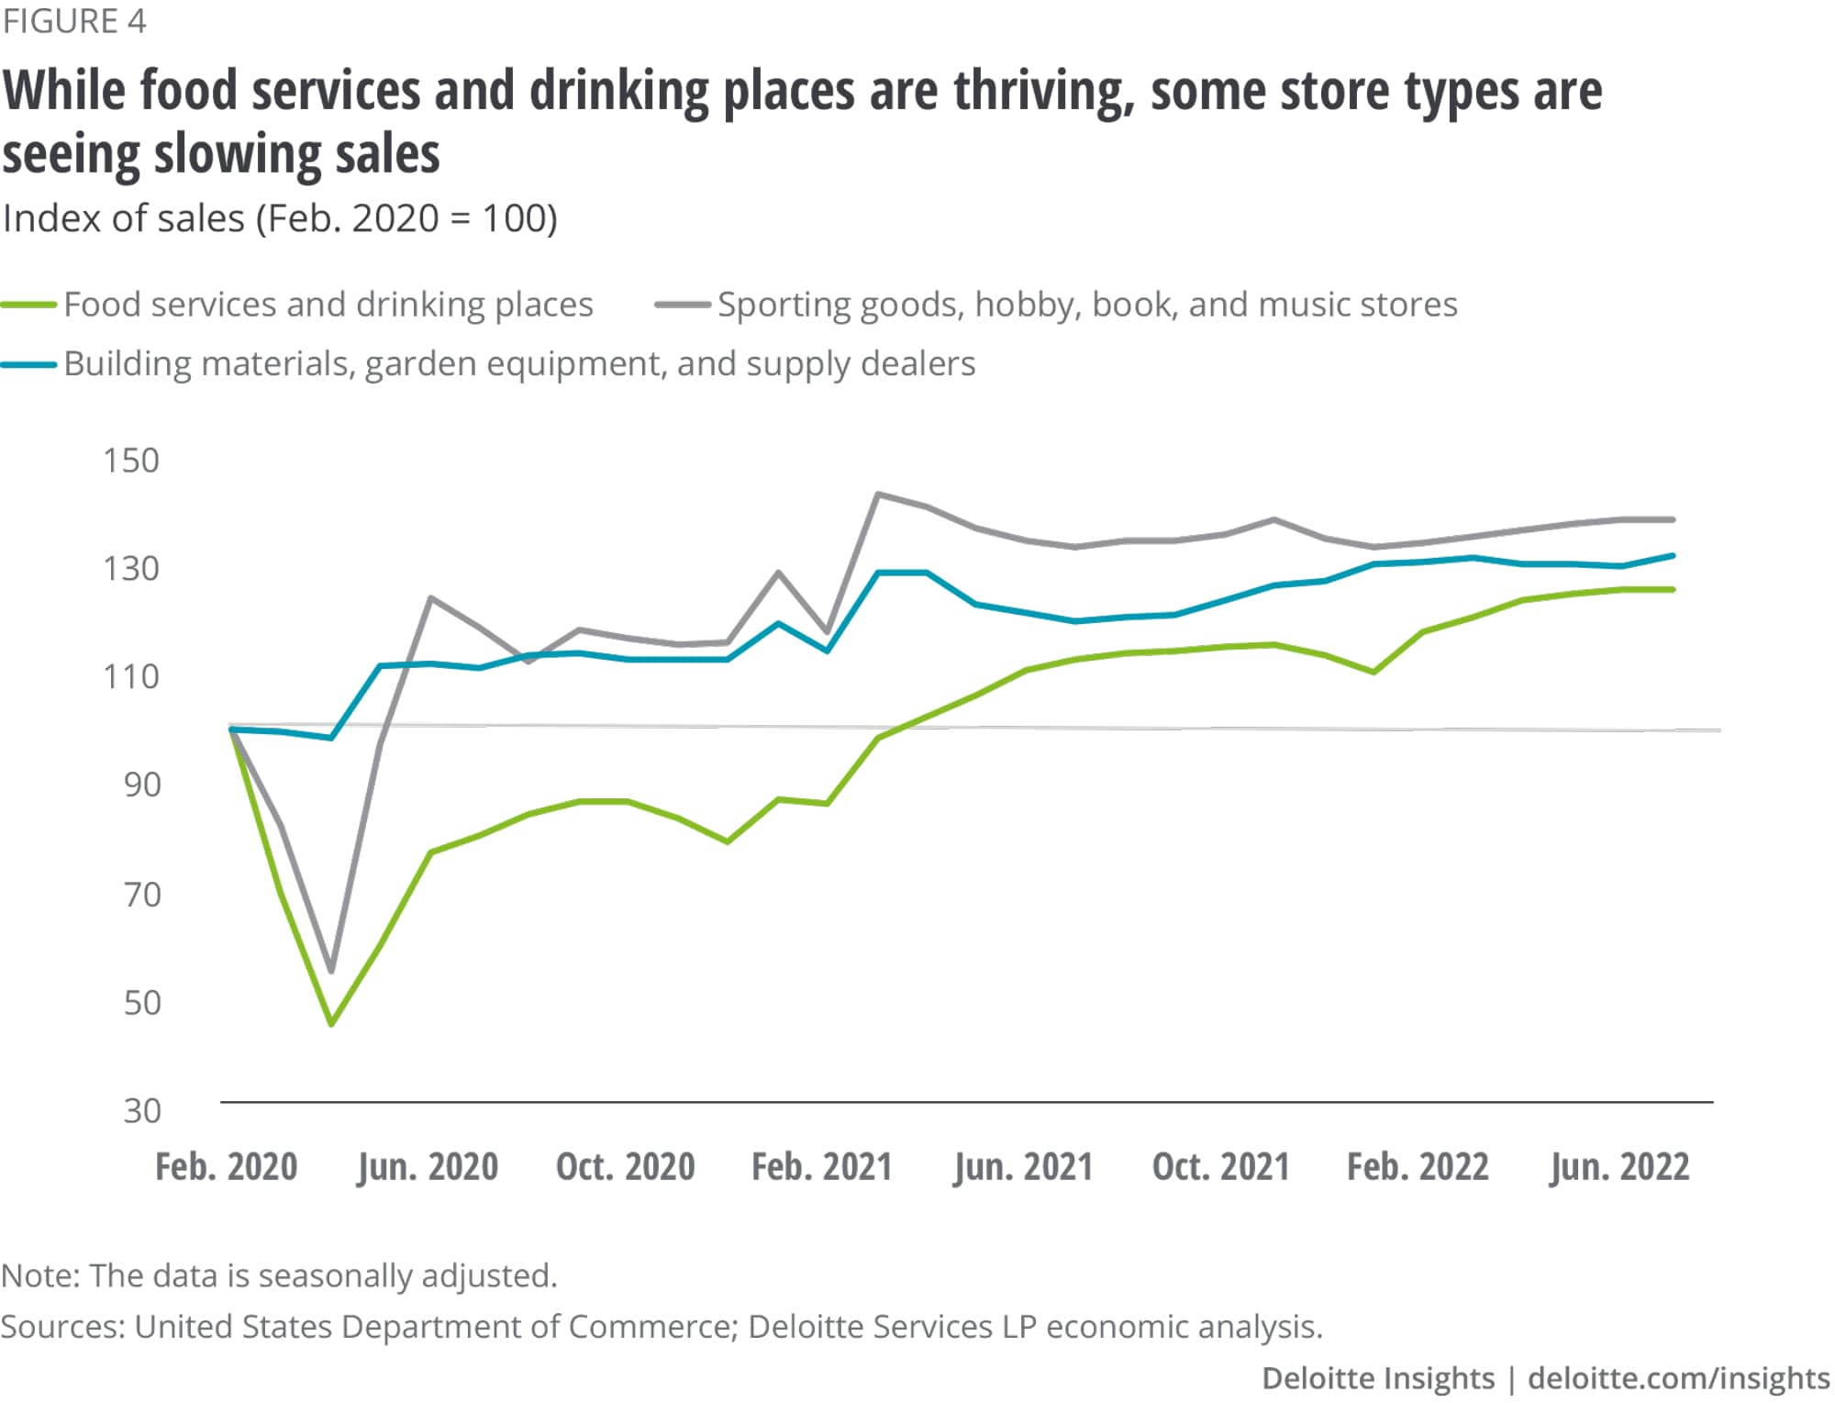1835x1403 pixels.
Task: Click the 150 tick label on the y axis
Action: [131, 461]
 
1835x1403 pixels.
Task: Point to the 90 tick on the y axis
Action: [142, 785]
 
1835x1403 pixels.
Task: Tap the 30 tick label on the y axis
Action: [142, 1111]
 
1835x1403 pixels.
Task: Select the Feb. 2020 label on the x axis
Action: [226, 1167]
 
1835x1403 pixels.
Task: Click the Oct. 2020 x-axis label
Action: [625, 1167]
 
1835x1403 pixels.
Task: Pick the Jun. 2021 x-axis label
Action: [1023, 1167]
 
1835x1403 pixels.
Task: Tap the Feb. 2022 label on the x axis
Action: [1418, 1167]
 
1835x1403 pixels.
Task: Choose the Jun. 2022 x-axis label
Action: [1619, 1167]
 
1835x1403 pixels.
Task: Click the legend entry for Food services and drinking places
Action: [328, 305]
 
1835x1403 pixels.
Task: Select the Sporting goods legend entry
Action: [1086, 305]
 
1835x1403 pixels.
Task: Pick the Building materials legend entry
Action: [518, 364]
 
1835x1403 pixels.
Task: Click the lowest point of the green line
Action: [331, 1023]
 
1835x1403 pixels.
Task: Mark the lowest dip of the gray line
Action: [331, 971]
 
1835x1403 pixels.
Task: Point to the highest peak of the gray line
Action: [878, 495]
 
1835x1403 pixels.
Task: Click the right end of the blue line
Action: [1673, 556]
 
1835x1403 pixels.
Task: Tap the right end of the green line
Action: [1673, 589]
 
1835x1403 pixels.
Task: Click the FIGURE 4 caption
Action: [74, 21]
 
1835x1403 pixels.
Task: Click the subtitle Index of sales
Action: [280, 219]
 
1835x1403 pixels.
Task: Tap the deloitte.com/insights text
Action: [1678, 1378]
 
